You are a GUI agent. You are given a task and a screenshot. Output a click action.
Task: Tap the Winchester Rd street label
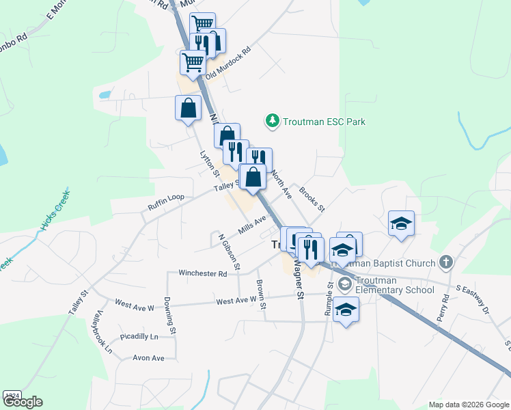tap(202, 273)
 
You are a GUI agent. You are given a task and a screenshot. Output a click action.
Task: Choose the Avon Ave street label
tap(149, 357)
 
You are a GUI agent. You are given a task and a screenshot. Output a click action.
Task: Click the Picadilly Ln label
tap(139, 337)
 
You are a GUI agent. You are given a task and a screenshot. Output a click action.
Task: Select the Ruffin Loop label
tap(166, 197)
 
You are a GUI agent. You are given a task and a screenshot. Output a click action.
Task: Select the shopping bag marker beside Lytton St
tap(188, 109)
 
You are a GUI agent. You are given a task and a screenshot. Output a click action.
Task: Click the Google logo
tap(23, 402)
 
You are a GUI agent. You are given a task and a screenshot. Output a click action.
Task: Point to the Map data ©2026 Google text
tap(469, 405)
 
